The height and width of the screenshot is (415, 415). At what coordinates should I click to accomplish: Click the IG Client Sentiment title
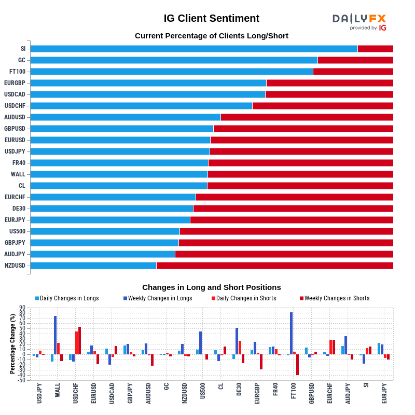pos(211,18)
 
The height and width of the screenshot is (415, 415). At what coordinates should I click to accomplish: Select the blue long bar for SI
pos(193,49)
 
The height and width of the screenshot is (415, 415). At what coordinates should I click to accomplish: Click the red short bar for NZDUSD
pos(274,266)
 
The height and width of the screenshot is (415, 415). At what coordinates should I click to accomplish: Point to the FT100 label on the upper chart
pos(17,72)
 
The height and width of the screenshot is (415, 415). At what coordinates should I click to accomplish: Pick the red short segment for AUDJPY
pos(284,254)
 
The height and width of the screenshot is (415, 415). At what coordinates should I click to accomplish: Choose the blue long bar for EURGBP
pos(148,83)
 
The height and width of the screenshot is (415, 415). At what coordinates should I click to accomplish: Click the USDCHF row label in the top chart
pos(15,106)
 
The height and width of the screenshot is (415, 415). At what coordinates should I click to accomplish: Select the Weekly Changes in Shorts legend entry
pos(337,298)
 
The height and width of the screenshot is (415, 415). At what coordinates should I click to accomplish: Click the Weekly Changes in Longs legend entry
pos(159,298)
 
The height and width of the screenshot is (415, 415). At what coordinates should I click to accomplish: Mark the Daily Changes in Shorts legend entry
pos(245,298)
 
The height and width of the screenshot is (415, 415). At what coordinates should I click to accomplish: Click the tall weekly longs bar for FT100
pos(292,333)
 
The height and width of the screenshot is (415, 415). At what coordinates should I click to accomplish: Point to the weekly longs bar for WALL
pos(56,335)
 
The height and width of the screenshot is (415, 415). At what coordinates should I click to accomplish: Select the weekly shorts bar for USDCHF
pos(79,340)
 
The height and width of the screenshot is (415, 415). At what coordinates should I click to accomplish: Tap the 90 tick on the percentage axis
pos(22,308)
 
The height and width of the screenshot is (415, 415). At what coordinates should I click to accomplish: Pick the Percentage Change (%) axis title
pos(12,344)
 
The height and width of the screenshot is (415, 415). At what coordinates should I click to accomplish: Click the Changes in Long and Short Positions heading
pos(211,287)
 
